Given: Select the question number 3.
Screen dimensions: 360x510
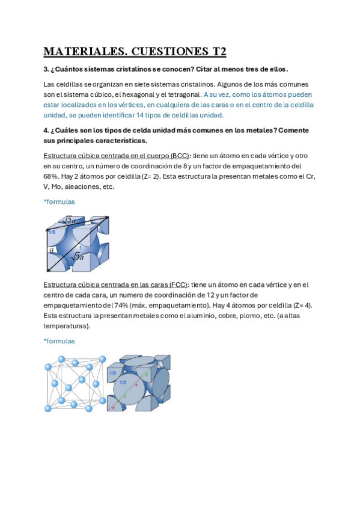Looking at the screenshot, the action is click(x=46, y=69).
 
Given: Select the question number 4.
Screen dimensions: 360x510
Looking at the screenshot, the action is click(x=46, y=130).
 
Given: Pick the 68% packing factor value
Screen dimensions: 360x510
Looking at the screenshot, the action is click(x=50, y=176).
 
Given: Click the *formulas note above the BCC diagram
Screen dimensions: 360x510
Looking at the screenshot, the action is click(x=59, y=202).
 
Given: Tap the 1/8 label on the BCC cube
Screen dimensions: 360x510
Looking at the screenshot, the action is click(x=52, y=232).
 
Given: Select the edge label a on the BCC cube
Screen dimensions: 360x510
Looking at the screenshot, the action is click(x=52, y=248).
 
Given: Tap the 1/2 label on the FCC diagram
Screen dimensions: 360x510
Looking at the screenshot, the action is click(x=123, y=382).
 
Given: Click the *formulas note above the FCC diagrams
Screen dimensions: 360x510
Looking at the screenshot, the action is click(x=59, y=341).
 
